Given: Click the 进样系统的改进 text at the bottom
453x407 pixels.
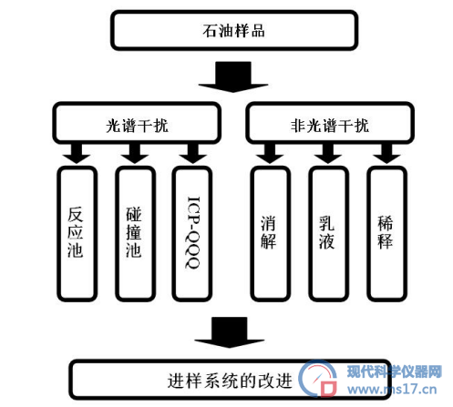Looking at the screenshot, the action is pyautogui.click(x=230, y=381).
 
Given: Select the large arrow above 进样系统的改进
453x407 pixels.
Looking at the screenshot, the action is pyautogui.click(x=230, y=332).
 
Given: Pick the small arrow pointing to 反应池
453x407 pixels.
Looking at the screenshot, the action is pyautogui.click(x=77, y=154).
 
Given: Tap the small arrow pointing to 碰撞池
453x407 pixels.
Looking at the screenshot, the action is pyautogui.click(x=135, y=154).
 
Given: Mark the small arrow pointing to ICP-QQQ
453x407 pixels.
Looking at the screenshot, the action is pyautogui.click(x=193, y=154).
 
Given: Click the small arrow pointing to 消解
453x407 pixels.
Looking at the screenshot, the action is pyautogui.click(x=270, y=154).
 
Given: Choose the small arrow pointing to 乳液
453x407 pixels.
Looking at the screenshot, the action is pyautogui.click(x=328, y=154).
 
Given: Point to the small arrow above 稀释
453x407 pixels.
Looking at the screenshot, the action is pyautogui.click(x=386, y=154).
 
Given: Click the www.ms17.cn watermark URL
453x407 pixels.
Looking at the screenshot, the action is pyautogui.click(x=392, y=389).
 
